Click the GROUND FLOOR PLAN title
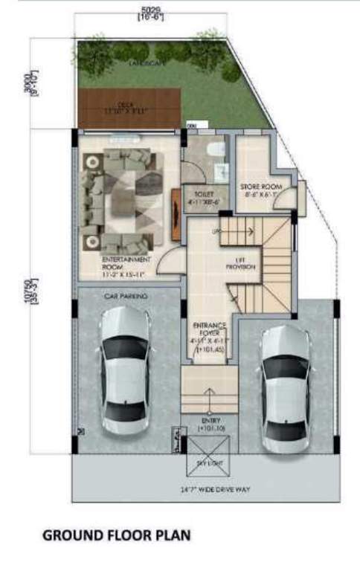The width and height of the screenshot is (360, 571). coord(116,535)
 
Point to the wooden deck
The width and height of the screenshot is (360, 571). coord(130,107)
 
